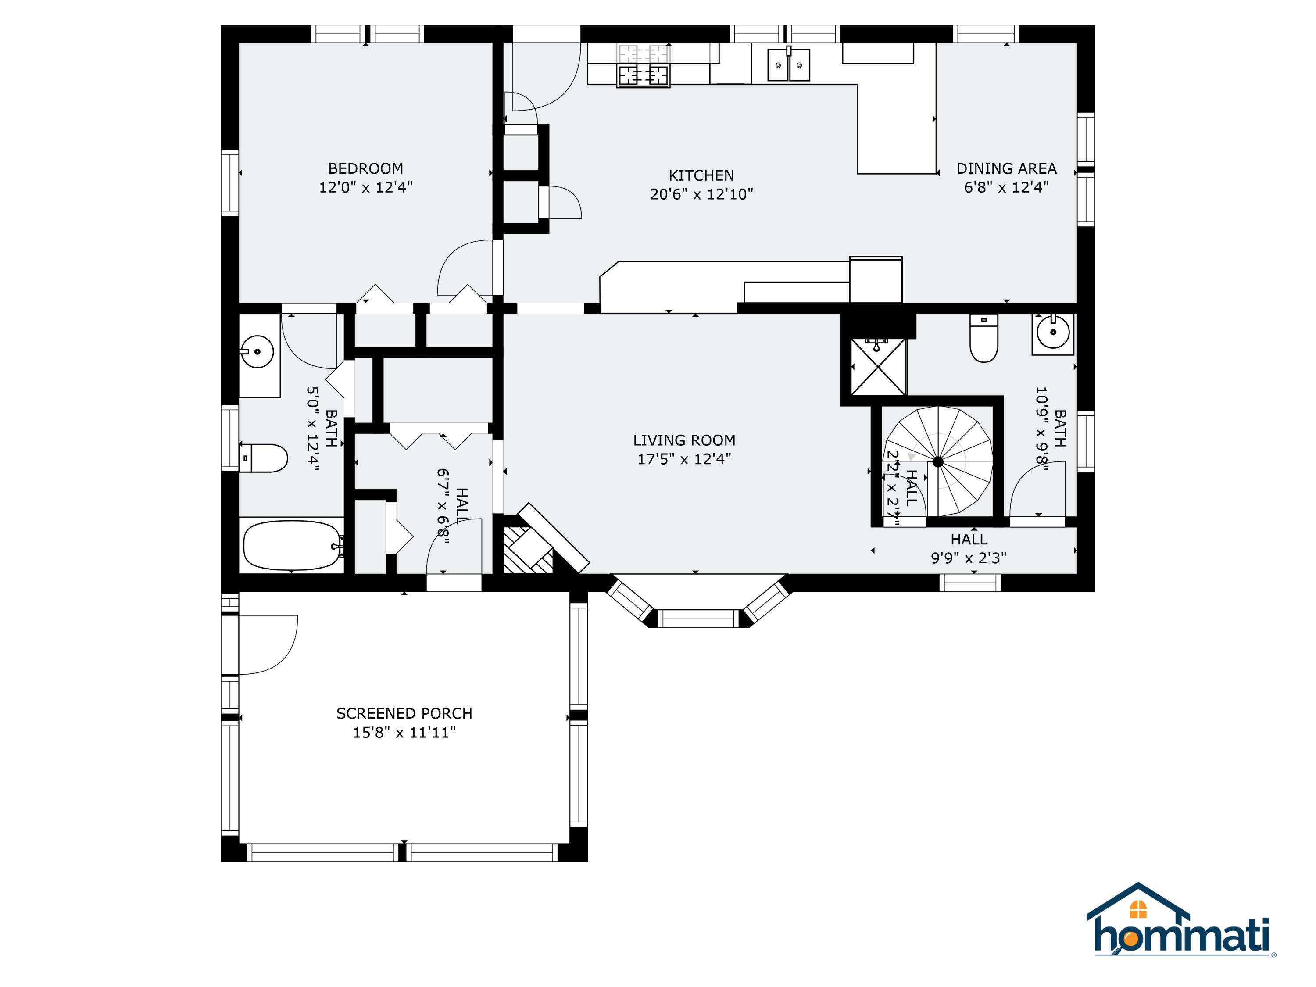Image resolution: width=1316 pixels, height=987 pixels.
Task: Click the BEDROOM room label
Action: [365, 168]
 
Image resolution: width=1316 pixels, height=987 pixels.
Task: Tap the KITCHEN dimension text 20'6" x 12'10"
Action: [701, 194]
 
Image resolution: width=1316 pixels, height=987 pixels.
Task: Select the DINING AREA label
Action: [1006, 168]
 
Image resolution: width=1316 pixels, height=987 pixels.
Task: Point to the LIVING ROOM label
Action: [684, 440]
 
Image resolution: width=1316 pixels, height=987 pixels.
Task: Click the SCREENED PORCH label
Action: [404, 713]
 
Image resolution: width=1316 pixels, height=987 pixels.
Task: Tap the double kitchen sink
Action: [789, 65]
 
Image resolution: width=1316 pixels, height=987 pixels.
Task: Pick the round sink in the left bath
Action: [257, 352]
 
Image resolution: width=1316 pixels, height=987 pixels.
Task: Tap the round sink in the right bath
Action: [1052, 332]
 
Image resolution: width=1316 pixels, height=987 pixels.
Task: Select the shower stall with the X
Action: [878, 366]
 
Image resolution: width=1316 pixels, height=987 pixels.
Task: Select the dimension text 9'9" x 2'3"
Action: [969, 558]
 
